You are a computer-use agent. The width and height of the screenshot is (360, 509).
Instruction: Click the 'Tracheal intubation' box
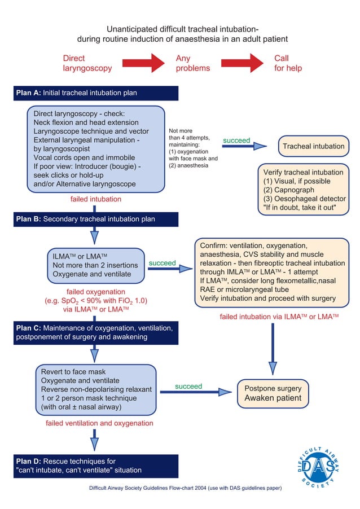point(313,146)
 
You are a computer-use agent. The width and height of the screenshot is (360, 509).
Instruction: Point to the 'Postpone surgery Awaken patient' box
point(273,393)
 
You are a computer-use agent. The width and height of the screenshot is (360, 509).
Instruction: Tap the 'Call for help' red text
point(288,63)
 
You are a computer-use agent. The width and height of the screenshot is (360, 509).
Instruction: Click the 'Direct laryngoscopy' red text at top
point(87,63)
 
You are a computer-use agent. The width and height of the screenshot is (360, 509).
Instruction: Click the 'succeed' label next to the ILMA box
point(162,263)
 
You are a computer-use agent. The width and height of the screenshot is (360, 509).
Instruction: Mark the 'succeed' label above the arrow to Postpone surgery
point(188,387)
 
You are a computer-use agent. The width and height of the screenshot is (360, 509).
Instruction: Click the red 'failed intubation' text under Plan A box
point(95,199)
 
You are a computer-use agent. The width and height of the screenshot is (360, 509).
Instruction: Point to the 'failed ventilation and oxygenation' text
point(99,423)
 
